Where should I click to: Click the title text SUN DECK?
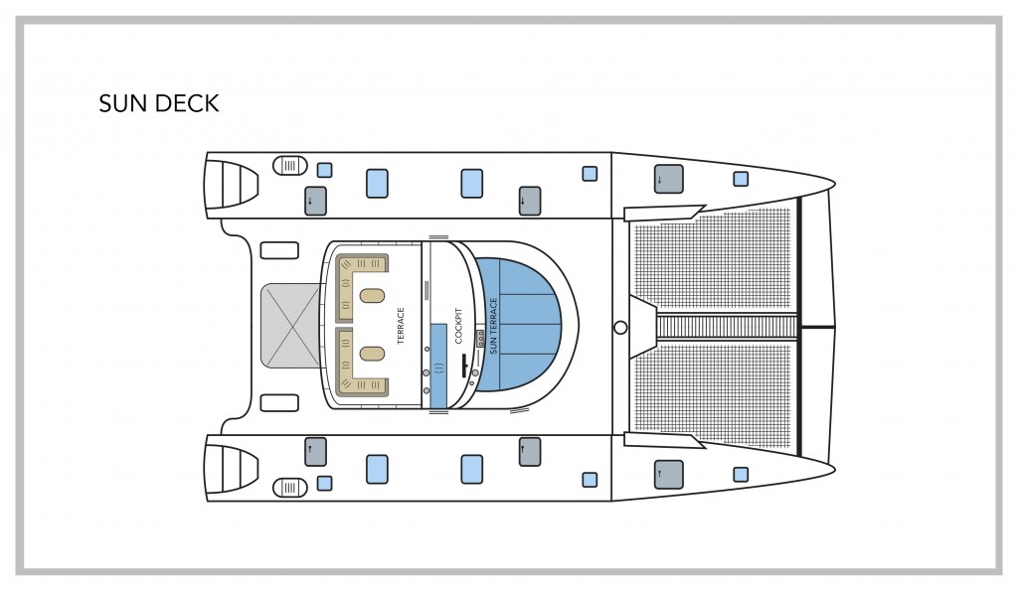pyautogui.click(x=159, y=103)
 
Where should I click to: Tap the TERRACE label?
pyautogui.click(x=401, y=326)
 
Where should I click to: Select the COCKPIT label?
pyautogui.click(x=458, y=326)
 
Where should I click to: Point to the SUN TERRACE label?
pyautogui.click(x=493, y=326)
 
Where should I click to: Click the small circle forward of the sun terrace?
pyautogui.click(x=620, y=328)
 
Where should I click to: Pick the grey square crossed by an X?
pyautogui.click(x=290, y=326)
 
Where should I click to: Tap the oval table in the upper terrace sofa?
pyautogui.click(x=372, y=296)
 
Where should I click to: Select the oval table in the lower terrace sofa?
pyautogui.click(x=372, y=354)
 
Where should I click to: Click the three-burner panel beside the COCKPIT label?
pyautogui.click(x=480, y=338)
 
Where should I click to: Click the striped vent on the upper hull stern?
pyautogui.click(x=289, y=166)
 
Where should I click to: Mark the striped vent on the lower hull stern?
pyautogui.click(x=289, y=487)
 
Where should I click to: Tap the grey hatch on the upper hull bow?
pyautogui.click(x=669, y=179)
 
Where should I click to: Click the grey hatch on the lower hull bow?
pyautogui.click(x=669, y=474)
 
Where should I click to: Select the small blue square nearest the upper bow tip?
pyautogui.click(x=741, y=179)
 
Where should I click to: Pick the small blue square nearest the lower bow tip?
pyautogui.click(x=741, y=474)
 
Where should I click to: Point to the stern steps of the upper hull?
pyautogui.click(x=232, y=184)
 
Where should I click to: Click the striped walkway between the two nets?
pyautogui.click(x=727, y=327)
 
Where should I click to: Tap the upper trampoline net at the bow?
pyautogui.click(x=713, y=259)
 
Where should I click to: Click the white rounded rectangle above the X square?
pyautogui.click(x=279, y=250)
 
